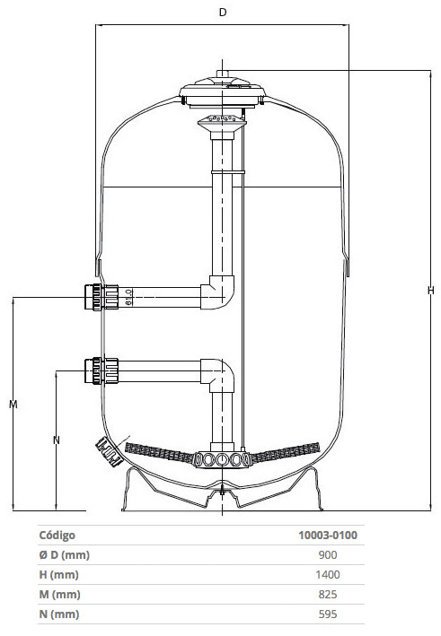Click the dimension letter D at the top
point(223,13)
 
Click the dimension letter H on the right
point(431,290)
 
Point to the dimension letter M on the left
point(13,404)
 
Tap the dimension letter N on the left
point(57,440)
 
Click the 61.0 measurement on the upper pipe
point(128,297)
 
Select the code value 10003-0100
point(328,535)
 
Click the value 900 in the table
point(328,555)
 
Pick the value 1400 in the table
point(328,575)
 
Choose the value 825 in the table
point(328,595)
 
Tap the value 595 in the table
point(328,614)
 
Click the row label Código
point(57,536)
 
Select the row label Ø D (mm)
point(64,555)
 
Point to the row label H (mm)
point(58,575)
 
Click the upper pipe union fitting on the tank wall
point(101,297)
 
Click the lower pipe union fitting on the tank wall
point(101,370)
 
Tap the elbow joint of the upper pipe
point(219,292)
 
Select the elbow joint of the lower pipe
point(219,375)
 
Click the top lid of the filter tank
point(223,91)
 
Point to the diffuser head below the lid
point(222,121)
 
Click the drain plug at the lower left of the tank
point(109,452)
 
